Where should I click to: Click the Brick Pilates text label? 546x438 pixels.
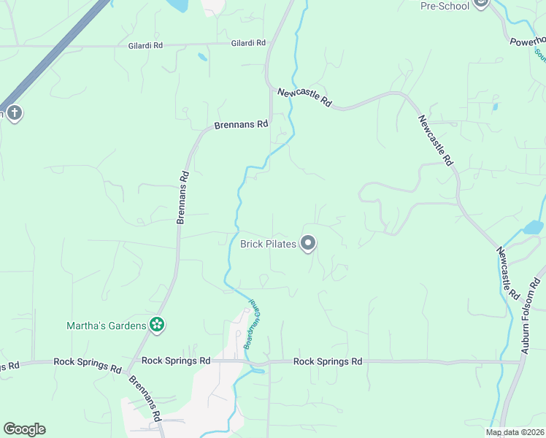tap(269, 244)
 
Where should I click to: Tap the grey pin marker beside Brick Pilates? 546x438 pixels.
tap(308, 243)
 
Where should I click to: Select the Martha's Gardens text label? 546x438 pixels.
tap(107, 326)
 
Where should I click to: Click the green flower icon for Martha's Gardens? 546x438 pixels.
tap(156, 325)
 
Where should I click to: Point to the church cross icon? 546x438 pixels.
tap(15, 113)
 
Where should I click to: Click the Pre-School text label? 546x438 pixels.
tap(444, 6)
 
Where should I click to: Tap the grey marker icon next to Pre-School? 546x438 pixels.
tap(480, 4)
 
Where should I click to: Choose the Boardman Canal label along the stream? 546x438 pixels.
tap(252, 323)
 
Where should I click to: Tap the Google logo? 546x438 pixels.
tap(24, 429)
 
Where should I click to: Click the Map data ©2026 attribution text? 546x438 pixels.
tap(515, 432)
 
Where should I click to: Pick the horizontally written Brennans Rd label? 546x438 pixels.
tap(241, 125)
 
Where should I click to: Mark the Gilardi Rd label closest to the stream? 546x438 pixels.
tap(248, 44)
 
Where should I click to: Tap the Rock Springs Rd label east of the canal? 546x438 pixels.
tap(328, 361)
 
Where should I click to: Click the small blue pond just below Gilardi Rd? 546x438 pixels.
tap(202, 57)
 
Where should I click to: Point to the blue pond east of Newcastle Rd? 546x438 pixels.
tap(533, 227)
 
